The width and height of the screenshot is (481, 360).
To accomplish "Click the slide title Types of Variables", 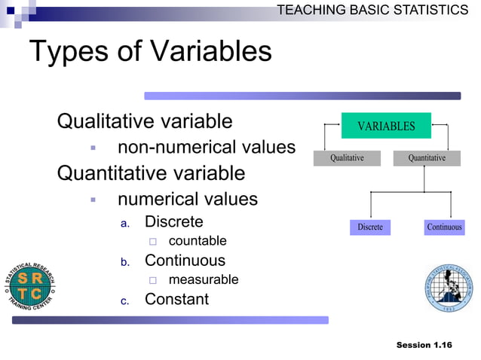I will click(150, 52).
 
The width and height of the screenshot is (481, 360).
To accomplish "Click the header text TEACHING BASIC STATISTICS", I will click(372, 10).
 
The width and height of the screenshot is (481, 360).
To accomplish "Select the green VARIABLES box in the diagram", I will click(386, 126).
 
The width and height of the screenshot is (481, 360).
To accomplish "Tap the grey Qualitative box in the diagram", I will click(347, 158).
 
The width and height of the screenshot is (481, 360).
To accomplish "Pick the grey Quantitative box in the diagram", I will click(427, 158).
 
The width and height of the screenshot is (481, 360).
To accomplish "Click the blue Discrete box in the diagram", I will click(369, 227).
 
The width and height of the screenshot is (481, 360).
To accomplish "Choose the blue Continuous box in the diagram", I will click(444, 227).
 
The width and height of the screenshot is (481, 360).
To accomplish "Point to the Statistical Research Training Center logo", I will click(31, 287).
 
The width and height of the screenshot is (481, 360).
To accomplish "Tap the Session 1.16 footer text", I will click(424, 345).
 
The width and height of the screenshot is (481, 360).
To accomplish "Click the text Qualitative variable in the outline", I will click(145, 121).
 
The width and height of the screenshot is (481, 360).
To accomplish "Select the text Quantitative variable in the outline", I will click(151, 173).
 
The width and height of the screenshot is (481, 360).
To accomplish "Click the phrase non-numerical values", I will click(206, 148).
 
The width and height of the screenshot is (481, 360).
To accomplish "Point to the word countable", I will click(197, 241).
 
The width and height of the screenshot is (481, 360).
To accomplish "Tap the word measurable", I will click(203, 279).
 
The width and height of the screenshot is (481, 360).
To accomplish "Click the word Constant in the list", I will click(176, 299).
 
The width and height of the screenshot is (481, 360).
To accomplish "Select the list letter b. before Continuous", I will click(126, 262).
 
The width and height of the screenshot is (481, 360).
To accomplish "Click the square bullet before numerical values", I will click(93, 200).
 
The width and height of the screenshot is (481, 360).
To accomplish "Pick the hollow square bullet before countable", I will click(152, 242).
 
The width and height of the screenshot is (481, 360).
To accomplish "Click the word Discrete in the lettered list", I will click(173, 221).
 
